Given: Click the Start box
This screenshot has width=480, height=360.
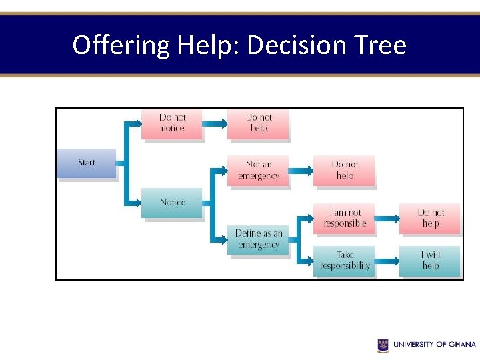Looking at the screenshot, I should click(x=87, y=163).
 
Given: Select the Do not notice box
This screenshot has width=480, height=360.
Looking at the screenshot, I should click(x=171, y=123).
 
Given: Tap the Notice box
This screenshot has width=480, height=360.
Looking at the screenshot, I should click(x=171, y=203).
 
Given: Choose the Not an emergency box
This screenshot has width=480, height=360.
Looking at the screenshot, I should click(x=258, y=170).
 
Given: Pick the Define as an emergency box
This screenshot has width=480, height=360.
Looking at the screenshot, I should click(x=258, y=239).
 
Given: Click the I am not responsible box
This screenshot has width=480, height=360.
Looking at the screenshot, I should click(x=345, y=218).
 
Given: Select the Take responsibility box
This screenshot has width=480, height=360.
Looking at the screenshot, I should click(x=345, y=260).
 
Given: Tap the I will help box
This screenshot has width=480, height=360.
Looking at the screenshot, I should click(x=430, y=260).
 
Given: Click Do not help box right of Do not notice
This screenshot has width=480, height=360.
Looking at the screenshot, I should click(x=258, y=123).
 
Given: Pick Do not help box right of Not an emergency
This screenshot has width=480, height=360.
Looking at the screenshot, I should click(x=345, y=170).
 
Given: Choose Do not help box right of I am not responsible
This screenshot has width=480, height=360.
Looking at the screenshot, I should click(x=430, y=218).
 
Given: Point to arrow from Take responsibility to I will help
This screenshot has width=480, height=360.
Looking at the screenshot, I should click(x=387, y=260).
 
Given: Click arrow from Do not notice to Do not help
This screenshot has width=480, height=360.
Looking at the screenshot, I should click(x=214, y=123).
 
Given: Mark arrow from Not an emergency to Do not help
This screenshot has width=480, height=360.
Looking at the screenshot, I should click(x=301, y=170).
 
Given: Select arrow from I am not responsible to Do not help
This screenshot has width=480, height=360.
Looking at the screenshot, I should click(x=387, y=218).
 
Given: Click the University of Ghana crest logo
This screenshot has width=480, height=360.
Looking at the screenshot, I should click(x=383, y=345).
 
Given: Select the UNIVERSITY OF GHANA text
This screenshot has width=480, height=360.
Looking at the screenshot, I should click(x=434, y=345).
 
